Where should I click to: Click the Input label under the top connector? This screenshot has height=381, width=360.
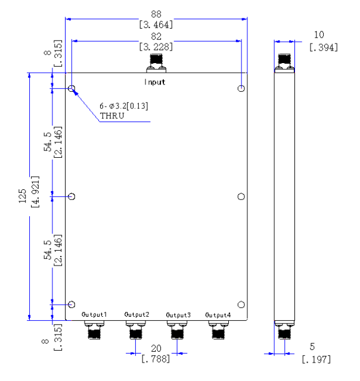tap(155, 82)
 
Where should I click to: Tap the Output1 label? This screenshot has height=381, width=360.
tap(94, 314)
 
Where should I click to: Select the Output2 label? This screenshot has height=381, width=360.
tap(136, 314)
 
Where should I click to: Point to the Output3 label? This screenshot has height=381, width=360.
tap(178, 315)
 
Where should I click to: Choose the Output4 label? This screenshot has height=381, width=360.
tap(218, 315)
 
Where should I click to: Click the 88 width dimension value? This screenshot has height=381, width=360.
tap(156, 14)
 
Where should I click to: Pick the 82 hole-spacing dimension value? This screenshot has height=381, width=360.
tap(156, 36)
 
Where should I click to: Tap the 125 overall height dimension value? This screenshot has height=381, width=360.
tap(22, 196)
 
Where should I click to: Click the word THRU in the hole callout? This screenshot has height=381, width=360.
tap(112, 115)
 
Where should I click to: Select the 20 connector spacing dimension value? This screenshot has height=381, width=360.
tap(156, 348)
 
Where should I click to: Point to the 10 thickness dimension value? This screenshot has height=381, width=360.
tap(319, 35)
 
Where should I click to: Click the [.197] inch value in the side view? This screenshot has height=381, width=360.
tap(316, 360)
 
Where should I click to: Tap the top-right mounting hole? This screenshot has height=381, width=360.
tap(241, 88)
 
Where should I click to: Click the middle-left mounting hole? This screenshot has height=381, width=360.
tap(72, 196)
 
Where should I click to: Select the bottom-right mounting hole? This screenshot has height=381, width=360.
tap(241, 304)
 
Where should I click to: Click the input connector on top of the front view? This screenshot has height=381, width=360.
tap(156, 63)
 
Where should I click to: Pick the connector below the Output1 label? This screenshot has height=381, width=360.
tap(94, 330)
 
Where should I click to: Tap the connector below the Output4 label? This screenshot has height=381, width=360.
tap(218, 330)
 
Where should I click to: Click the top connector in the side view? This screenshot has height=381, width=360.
tap(284, 63)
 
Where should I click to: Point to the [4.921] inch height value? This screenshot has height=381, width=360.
tap(35, 192)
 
